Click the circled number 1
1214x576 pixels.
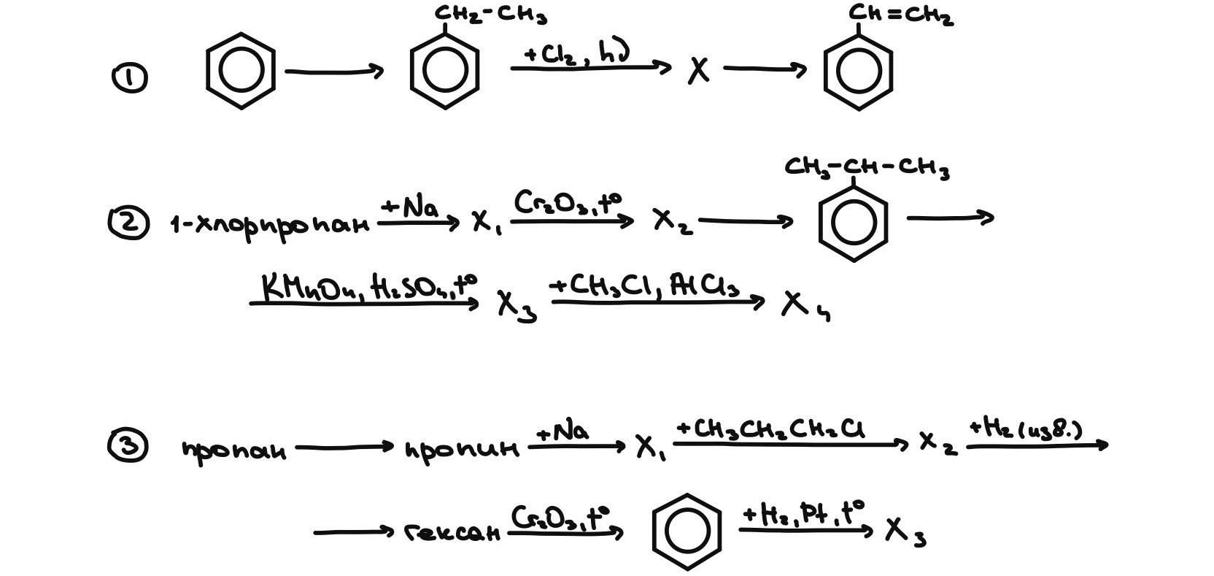(x=129, y=78)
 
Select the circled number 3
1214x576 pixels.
(x=128, y=446)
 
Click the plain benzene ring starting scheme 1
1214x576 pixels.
(x=241, y=71)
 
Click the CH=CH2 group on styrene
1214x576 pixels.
(x=901, y=15)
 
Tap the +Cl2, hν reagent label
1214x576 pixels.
(x=576, y=53)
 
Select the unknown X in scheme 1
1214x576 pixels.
(x=698, y=71)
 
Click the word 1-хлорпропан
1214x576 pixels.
(x=269, y=224)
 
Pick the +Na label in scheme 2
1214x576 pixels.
(x=410, y=207)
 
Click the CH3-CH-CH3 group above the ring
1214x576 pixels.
(x=867, y=167)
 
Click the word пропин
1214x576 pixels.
(x=461, y=449)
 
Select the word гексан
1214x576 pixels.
(x=452, y=533)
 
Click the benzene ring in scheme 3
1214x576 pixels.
(x=687, y=531)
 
